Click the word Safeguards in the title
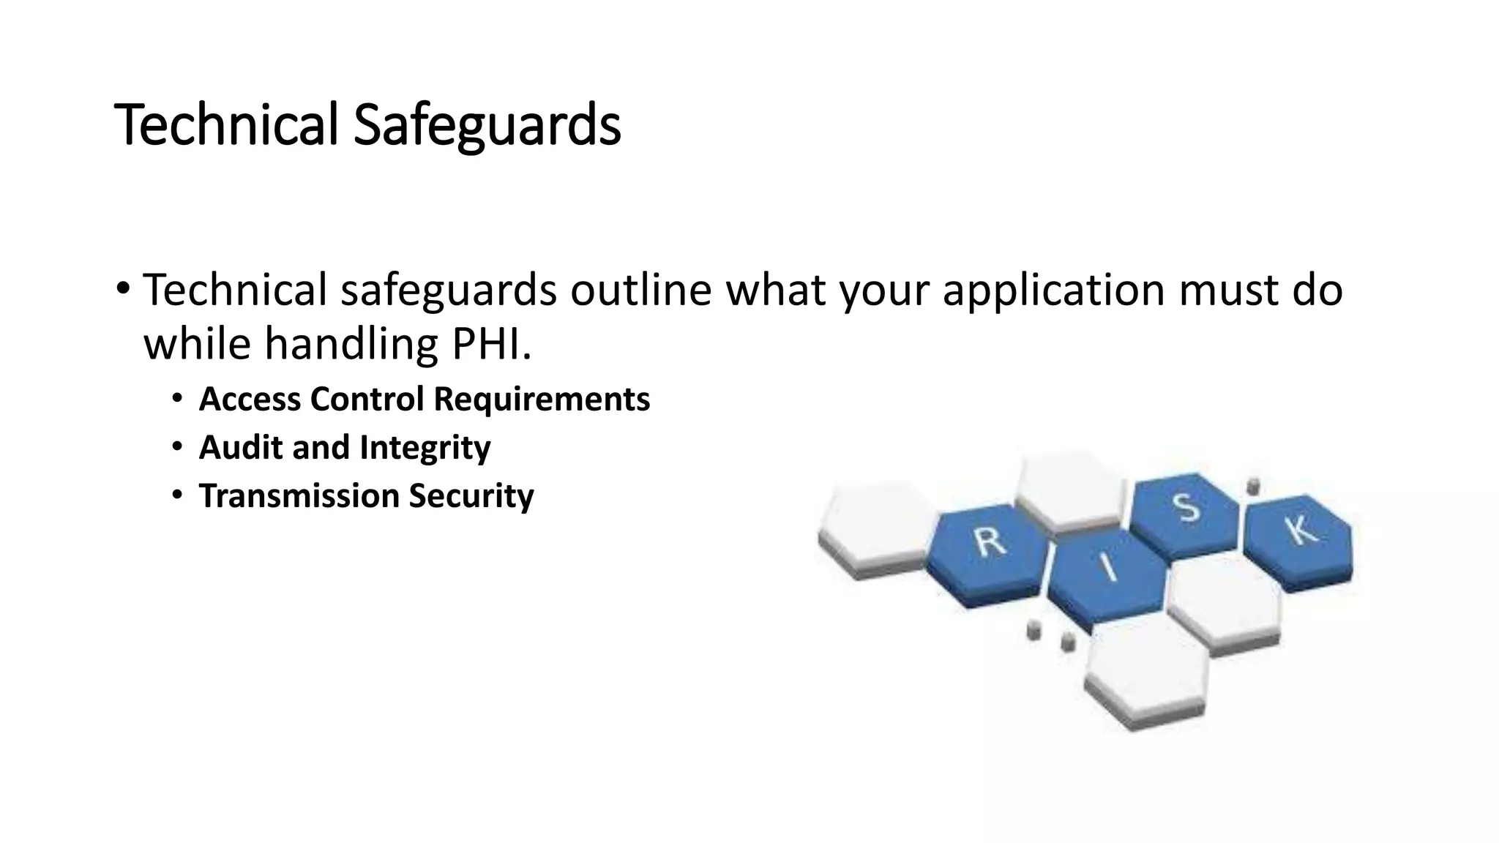point(487,125)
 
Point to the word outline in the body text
point(640,290)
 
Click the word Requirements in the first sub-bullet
point(542,400)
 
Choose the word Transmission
point(299,496)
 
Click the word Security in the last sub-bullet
point(471,496)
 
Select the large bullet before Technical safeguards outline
point(123,288)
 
